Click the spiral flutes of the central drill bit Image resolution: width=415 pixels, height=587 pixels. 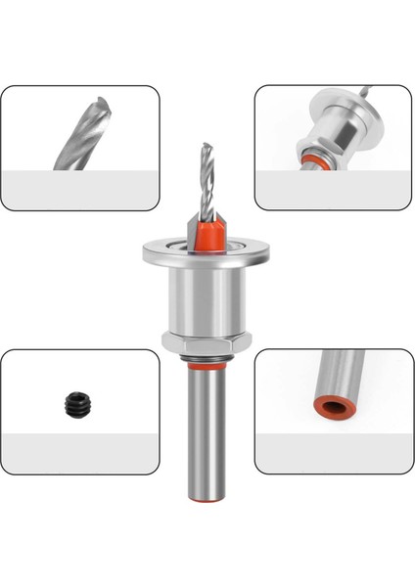(x=207, y=181)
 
